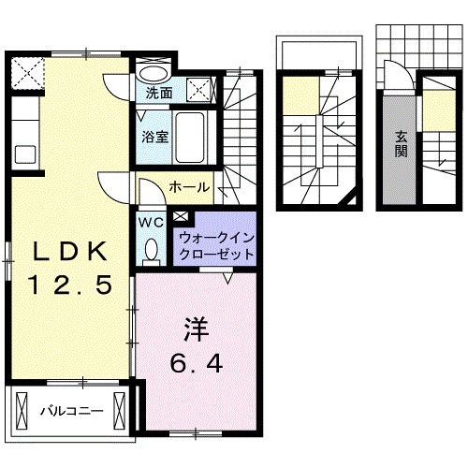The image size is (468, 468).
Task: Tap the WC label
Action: coord(150,223)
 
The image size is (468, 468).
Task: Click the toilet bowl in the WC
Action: coord(151,250)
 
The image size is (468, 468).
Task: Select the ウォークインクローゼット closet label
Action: coord(216,245)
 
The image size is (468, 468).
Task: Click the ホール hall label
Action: coord(188,187)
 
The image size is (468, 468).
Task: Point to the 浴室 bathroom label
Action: coord(154,136)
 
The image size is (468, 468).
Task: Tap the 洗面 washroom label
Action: coord(158,93)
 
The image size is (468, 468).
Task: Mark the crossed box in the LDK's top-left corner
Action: coord(27,73)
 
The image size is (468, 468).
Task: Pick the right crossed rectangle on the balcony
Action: coord(119,408)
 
